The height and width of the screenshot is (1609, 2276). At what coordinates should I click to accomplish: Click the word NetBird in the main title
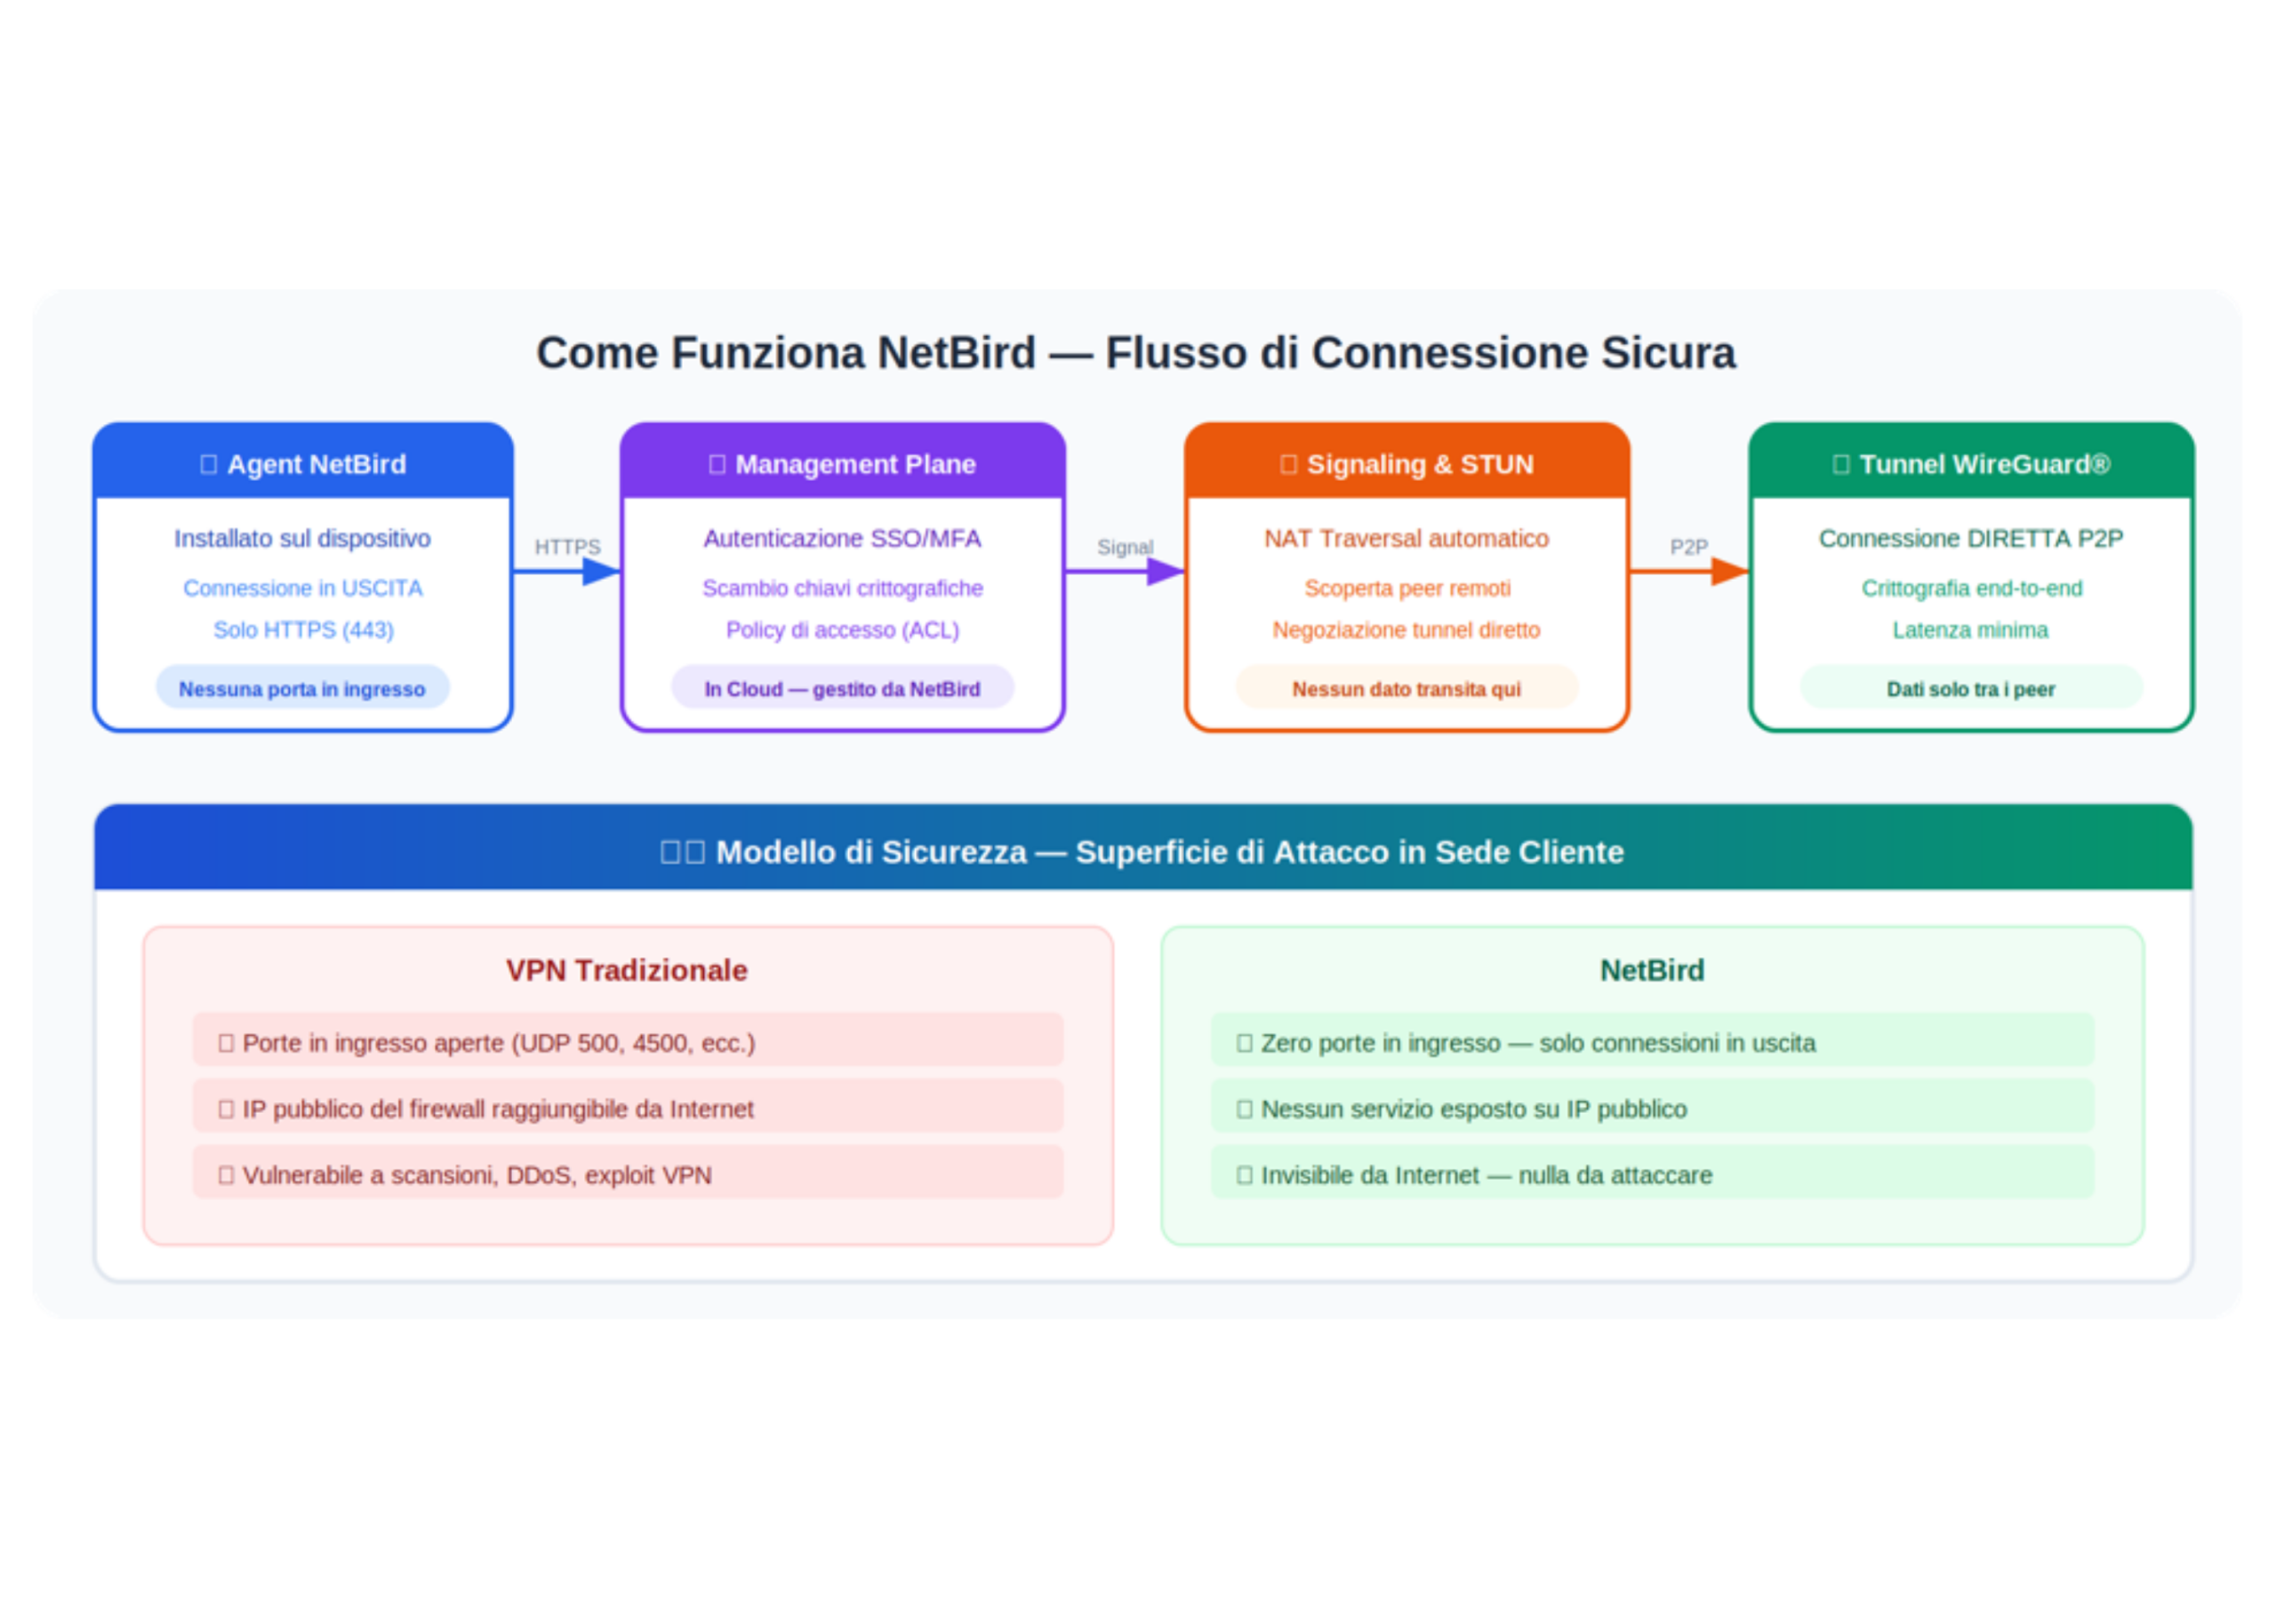pyautogui.click(x=956, y=354)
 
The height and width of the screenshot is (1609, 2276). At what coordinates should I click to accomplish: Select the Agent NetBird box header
pyautogui.click(x=303, y=464)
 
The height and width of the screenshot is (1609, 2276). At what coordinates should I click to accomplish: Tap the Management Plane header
pyautogui.click(x=843, y=464)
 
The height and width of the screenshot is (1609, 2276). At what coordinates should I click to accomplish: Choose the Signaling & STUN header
pyautogui.click(x=1406, y=464)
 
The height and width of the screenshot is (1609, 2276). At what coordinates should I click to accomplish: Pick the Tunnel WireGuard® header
pyautogui.click(x=1971, y=464)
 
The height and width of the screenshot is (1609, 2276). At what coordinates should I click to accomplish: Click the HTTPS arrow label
pyautogui.click(x=567, y=548)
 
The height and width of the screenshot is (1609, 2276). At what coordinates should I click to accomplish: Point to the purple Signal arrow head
pyautogui.click(x=1165, y=571)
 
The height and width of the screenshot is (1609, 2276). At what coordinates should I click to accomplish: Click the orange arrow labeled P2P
pyautogui.click(x=1688, y=571)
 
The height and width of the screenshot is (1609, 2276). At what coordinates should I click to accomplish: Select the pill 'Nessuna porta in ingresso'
pyautogui.click(x=302, y=688)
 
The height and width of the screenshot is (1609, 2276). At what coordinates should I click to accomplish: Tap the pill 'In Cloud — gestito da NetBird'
pyautogui.click(x=843, y=688)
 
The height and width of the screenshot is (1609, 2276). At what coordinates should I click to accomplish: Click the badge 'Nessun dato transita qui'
pyautogui.click(x=1406, y=688)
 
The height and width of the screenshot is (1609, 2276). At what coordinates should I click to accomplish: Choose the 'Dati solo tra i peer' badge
pyautogui.click(x=1971, y=688)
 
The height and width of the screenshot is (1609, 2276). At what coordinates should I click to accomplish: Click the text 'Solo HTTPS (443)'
pyautogui.click(x=303, y=629)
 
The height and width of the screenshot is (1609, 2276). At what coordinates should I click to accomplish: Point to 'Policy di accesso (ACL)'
pyautogui.click(x=843, y=629)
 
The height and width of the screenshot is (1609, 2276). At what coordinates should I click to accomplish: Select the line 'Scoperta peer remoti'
pyautogui.click(x=1406, y=588)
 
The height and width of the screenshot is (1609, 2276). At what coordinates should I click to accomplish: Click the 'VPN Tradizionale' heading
pyautogui.click(x=627, y=970)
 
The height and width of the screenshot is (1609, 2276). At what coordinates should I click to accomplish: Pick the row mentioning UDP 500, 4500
pyautogui.click(x=628, y=1042)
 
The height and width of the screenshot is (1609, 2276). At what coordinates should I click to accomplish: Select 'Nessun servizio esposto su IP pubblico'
pyautogui.click(x=1652, y=1109)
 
